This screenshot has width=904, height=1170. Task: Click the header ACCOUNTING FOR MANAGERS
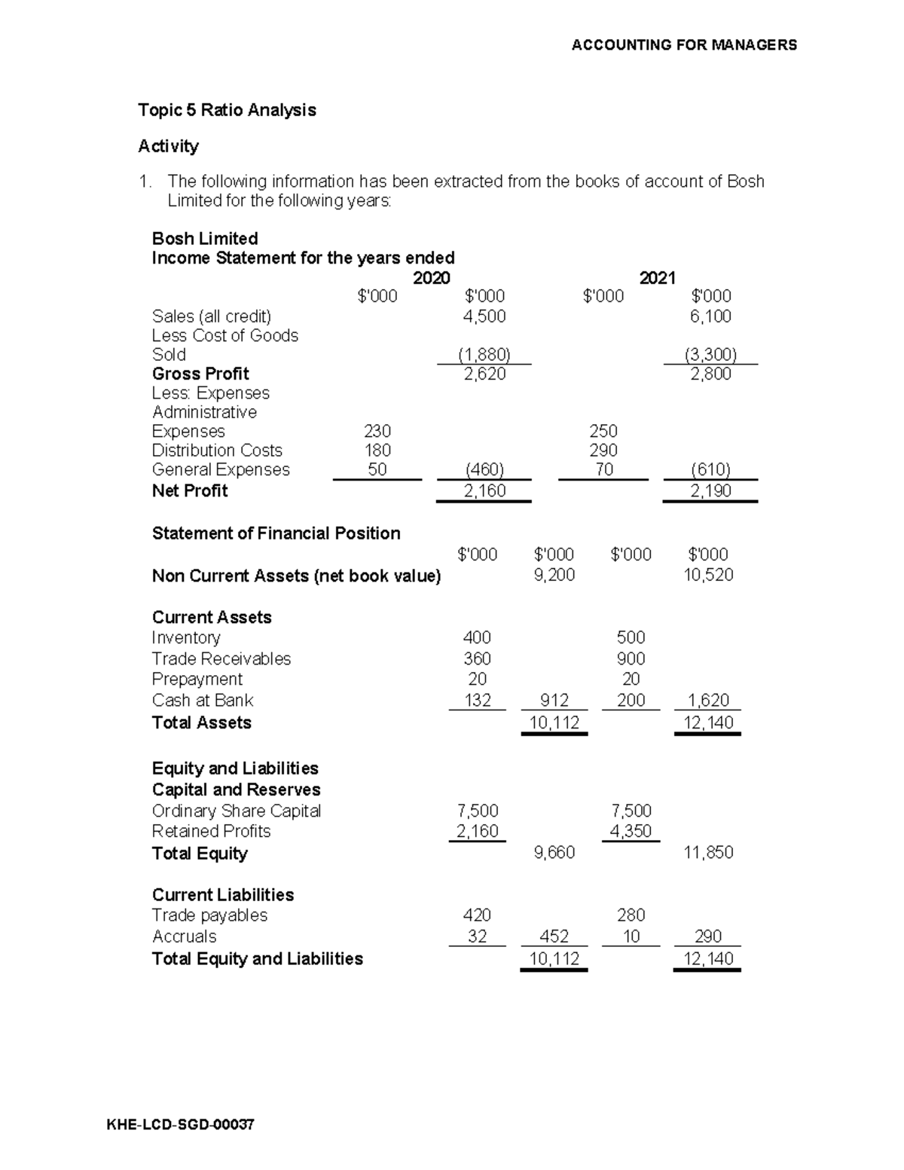pos(683,45)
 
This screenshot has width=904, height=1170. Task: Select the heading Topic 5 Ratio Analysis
pos(227,110)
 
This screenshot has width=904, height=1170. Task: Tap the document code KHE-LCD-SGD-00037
pos(181,1125)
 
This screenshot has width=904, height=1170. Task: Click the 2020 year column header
pos(432,278)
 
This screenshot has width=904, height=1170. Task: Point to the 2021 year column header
pos(657,278)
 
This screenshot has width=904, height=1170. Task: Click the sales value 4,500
pos(484,316)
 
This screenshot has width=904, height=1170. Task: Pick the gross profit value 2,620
pos(484,374)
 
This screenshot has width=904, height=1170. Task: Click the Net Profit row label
pos(190,490)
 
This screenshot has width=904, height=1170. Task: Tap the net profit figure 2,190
pos(710,491)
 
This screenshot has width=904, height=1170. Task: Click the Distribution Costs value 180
pos(377,451)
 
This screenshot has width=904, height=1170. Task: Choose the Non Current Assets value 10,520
pos(708,575)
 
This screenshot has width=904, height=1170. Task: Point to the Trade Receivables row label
pos(221,658)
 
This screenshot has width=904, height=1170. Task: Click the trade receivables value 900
pos(631,658)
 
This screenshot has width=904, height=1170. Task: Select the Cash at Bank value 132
pos(478,700)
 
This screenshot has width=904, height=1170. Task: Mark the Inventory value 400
pos(478,637)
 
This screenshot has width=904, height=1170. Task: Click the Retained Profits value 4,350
pos(631,831)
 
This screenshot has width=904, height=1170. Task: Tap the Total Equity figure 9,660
pos(554,852)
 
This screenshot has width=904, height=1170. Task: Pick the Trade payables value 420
pos(478,915)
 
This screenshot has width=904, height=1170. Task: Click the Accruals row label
pos(185,936)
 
